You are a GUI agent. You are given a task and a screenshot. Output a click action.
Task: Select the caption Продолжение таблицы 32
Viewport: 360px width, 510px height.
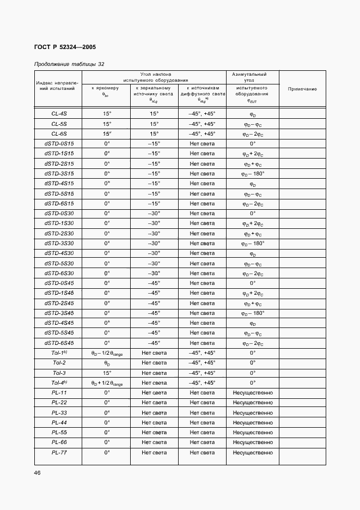point(69,64)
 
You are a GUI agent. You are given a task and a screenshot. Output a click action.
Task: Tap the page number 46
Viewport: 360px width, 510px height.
point(38,472)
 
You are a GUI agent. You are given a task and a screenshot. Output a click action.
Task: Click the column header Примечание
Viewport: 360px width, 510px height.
point(302,89)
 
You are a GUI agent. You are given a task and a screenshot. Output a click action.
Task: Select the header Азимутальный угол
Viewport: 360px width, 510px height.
point(252,77)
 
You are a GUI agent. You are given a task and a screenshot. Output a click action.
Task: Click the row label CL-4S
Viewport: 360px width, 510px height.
point(59,113)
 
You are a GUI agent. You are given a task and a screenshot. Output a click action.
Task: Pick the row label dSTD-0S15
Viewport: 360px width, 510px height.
point(59,143)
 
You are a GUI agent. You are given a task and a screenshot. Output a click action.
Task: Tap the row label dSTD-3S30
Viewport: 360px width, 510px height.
point(59,243)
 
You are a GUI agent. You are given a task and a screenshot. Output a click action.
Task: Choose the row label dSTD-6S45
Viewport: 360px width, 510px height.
point(59,343)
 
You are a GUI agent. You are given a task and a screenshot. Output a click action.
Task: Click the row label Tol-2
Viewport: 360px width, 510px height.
point(59,363)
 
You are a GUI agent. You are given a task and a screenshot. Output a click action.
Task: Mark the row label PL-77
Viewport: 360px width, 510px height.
point(59,452)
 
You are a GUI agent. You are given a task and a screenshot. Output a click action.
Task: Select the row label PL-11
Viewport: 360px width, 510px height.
point(59,393)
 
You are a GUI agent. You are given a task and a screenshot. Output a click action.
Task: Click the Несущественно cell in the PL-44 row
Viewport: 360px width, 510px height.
point(253,423)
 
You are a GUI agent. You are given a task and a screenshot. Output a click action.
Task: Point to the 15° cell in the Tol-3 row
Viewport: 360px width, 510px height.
point(107,373)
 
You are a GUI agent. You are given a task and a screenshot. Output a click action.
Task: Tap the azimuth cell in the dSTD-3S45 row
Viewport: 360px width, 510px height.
point(253,313)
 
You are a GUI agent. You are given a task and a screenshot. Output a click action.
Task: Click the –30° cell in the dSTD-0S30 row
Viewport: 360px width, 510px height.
point(154,213)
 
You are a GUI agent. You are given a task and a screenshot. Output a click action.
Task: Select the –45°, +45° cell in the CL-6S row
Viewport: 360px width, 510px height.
point(202,133)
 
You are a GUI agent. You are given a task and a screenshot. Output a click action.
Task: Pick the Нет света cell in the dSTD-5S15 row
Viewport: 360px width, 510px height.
point(202,193)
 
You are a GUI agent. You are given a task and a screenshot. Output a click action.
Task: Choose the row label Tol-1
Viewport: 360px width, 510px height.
point(59,353)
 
